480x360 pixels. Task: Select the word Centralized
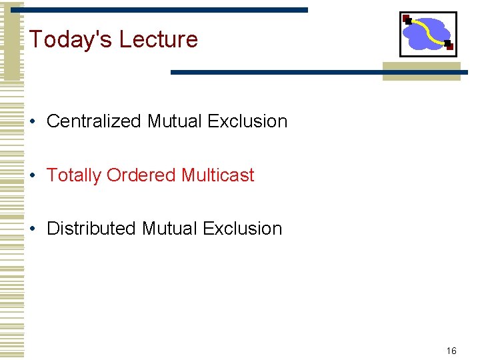[94, 121]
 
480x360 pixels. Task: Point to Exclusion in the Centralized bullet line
[247, 121]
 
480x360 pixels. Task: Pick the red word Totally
[74, 175]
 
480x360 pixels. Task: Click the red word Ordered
[141, 175]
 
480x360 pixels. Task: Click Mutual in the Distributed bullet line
[169, 229]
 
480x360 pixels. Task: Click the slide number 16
[451, 351]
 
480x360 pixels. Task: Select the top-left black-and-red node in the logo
[407, 19]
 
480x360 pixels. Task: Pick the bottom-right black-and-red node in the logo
[449, 45]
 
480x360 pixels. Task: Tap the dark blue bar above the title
[167, 10]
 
